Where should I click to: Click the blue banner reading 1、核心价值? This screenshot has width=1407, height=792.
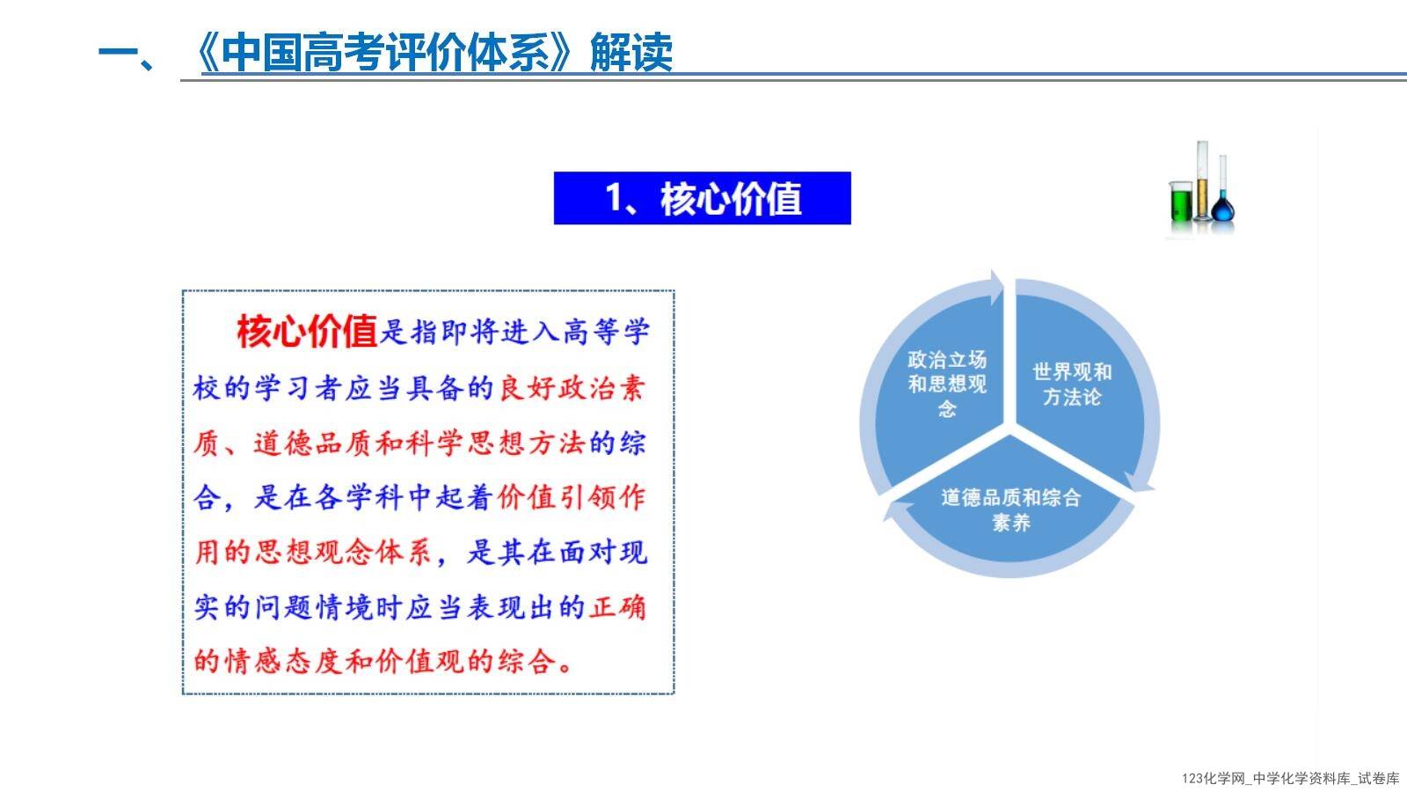pyautogui.click(x=703, y=198)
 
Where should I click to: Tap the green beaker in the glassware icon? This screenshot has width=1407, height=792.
pyautogui.click(x=1180, y=202)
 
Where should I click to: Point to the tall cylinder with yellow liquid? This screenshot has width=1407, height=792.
pyautogui.click(x=1201, y=181)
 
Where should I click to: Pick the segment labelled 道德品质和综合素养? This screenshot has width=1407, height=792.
pyautogui.click(x=1011, y=502)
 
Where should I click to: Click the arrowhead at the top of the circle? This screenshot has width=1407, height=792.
pyautogui.click(x=996, y=287)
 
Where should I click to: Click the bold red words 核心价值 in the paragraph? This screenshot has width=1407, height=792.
pyautogui.click(x=307, y=331)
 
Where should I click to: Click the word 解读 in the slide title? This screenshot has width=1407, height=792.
pyautogui.click(x=631, y=53)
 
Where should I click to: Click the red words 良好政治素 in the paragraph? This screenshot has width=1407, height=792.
pyautogui.click(x=572, y=388)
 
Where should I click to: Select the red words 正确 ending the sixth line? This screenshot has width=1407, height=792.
pyautogui.click(x=616, y=607)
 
